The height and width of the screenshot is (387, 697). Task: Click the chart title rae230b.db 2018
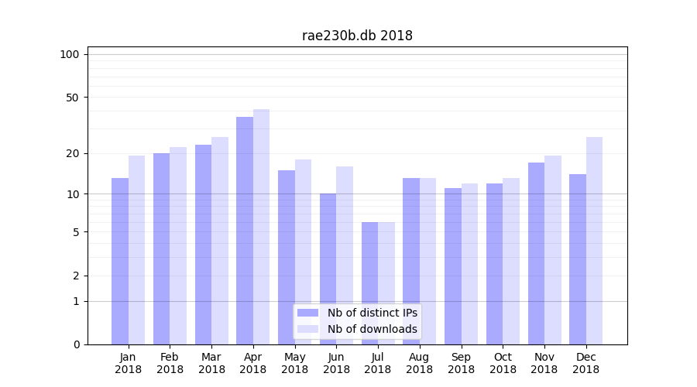point(357,36)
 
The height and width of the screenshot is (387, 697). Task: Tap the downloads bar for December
point(594,241)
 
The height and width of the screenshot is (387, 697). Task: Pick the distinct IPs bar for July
point(369,283)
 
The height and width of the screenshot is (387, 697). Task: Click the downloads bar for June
point(345,255)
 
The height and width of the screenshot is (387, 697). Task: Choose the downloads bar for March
point(220,241)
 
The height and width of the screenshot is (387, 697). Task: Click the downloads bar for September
point(469,264)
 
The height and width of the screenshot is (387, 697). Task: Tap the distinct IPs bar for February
point(161,248)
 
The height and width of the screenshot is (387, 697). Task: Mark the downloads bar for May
point(303,252)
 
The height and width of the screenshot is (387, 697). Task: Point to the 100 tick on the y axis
point(70,54)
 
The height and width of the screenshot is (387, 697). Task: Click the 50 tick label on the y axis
point(73,98)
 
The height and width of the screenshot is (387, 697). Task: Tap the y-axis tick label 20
point(73,153)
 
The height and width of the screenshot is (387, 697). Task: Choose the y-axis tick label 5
point(76,232)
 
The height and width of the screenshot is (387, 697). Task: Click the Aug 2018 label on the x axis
point(420,363)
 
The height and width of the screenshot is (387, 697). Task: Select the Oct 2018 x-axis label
point(503,363)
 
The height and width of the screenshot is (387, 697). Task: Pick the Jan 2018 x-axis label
point(129,363)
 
